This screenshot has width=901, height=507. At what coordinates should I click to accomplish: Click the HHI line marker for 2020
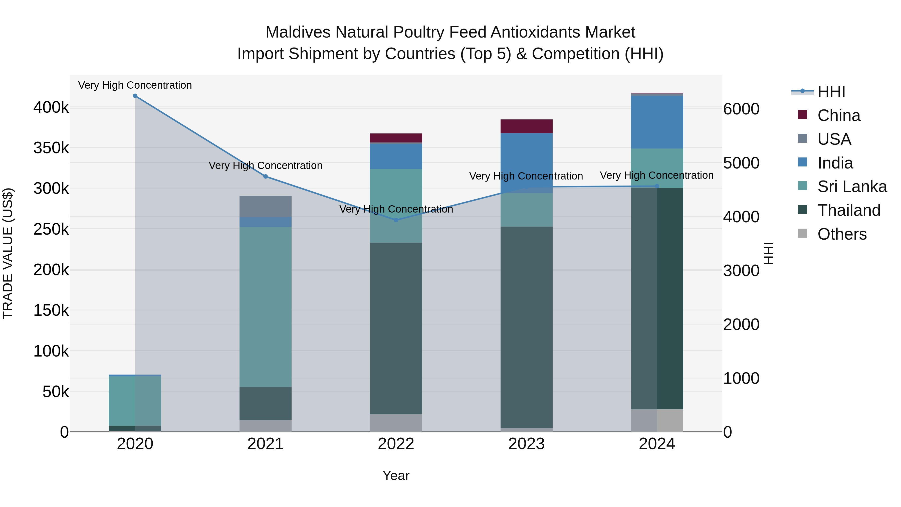click(x=135, y=96)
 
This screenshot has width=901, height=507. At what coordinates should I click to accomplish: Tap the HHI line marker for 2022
click(x=396, y=220)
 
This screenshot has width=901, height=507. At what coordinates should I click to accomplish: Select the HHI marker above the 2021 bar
click(x=266, y=176)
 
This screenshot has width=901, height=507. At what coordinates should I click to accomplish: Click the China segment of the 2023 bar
click(x=526, y=126)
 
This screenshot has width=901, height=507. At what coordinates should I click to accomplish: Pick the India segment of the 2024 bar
click(x=657, y=122)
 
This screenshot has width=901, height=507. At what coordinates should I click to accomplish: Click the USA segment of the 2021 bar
click(x=266, y=207)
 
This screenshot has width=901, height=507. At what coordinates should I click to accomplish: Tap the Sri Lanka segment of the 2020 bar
click(x=135, y=401)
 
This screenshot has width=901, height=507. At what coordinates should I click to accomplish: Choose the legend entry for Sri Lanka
click(x=851, y=187)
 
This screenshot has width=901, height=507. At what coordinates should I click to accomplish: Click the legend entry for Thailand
click(x=848, y=210)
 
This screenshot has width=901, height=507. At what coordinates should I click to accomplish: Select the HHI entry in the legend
click(x=831, y=92)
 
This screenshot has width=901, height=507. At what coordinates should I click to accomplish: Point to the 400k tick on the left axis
click(x=51, y=107)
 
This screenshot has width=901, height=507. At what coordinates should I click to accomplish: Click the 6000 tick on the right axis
click(x=741, y=109)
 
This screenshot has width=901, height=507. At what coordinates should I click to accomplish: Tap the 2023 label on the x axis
click(x=526, y=444)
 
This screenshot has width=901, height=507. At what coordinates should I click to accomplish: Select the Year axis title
click(x=396, y=475)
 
